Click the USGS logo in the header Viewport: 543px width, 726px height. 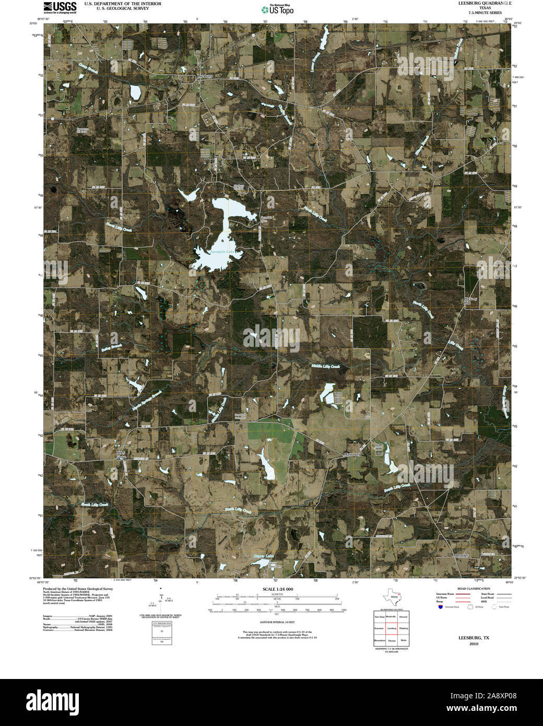tap(60, 7)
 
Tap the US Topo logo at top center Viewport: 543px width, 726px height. tap(277, 9)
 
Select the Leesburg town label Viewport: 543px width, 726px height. tap(205, 76)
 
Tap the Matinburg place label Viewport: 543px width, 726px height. tap(352, 454)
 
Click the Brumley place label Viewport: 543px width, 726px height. tap(462, 555)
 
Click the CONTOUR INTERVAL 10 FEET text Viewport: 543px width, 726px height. tap(277, 623)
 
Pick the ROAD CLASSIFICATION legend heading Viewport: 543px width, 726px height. tap(473, 589)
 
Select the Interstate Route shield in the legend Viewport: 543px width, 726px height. tap(441, 607)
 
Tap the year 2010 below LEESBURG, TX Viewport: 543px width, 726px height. tap(474, 644)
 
